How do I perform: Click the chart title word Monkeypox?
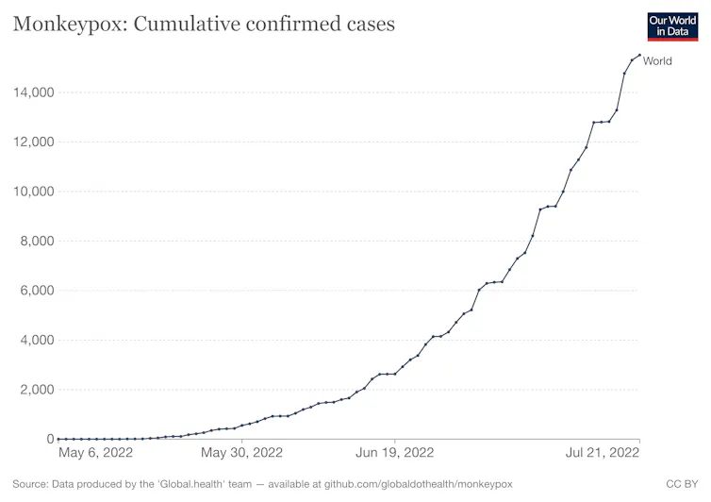pos(67,24)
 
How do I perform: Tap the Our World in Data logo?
pos(673,25)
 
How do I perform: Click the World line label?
pos(657,61)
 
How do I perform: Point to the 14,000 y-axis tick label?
pos(32,92)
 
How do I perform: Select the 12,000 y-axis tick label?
pos(32,142)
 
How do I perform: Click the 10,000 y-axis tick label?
pos(32,192)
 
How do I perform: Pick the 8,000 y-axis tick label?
pos(36,242)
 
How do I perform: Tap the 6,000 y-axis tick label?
pos(36,291)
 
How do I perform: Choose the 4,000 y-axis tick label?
pos(36,341)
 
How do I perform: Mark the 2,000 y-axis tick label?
pos(36,390)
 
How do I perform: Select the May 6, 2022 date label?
pos(95,453)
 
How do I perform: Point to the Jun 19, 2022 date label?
pos(394,453)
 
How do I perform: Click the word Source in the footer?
pos(31,484)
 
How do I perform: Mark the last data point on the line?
pos(639,55)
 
